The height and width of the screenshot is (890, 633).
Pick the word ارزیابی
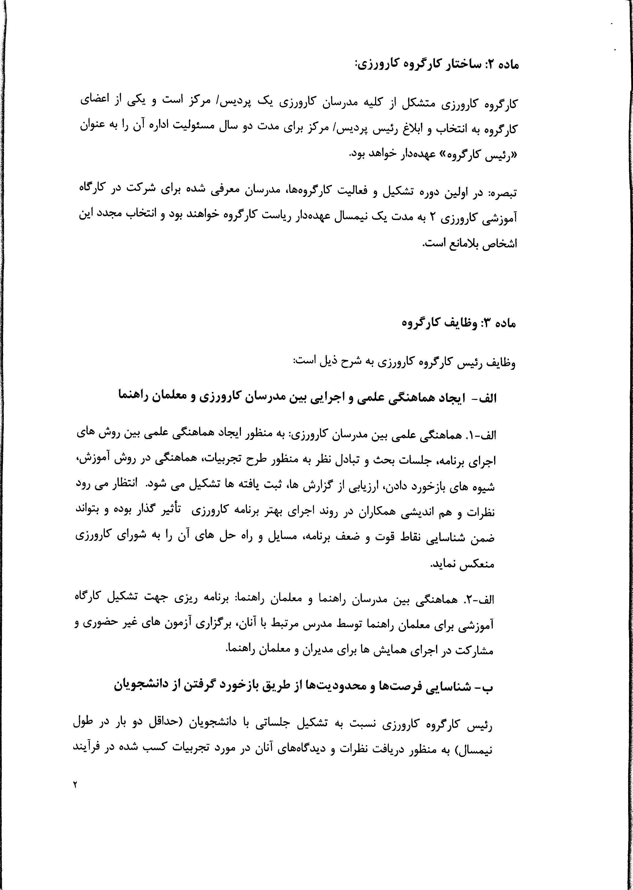coord(372,486)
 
